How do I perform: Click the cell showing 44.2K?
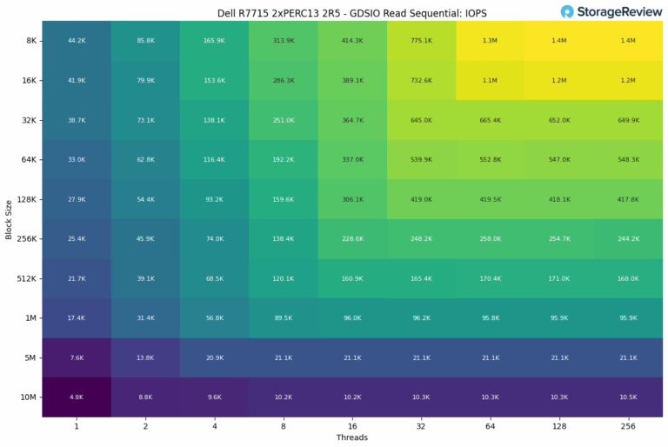pyautogui.click(x=76, y=41)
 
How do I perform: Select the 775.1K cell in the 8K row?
pyautogui.click(x=421, y=41)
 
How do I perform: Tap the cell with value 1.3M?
pyautogui.click(x=491, y=41)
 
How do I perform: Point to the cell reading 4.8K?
pyautogui.click(x=76, y=397)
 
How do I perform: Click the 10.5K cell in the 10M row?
pyautogui.click(x=628, y=397)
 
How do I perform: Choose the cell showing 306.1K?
pyautogui.click(x=352, y=199)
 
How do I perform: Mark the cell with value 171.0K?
pyautogui.click(x=559, y=278)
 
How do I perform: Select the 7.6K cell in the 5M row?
pyautogui.click(x=76, y=357)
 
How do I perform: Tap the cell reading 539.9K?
pyautogui.click(x=421, y=160)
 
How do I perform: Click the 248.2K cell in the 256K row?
pyautogui.click(x=421, y=239)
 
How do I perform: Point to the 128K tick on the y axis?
pyautogui.click(x=25, y=199)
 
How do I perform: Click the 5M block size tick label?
pyautogui.click(x=30, y=357)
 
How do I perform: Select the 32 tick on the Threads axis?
pyautogui.click(x=421, y=426)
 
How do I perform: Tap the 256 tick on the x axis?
pyautogui.click(x=628, y=426)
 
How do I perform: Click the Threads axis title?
pyautogui.click(x=351, y=437)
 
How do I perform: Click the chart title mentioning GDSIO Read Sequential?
pyautogui.click(x=351, y=12)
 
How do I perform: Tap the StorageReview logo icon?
pyautogui.click(x=568, y=11)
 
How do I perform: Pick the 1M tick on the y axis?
pyautogui.click(x=30, y=317)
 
